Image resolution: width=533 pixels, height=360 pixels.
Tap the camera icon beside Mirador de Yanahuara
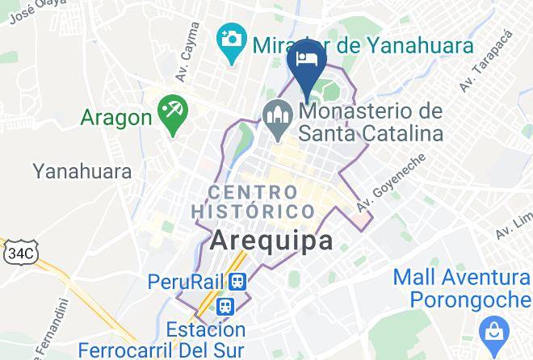(232, 37)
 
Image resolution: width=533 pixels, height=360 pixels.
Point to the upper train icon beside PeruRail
(237, 281)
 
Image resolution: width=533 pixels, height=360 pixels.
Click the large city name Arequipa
(271, 241)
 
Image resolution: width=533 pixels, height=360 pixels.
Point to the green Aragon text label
(116, 118)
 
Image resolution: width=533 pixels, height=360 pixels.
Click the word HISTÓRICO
(252, 211)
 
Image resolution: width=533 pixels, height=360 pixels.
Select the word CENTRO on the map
(253, 192)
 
